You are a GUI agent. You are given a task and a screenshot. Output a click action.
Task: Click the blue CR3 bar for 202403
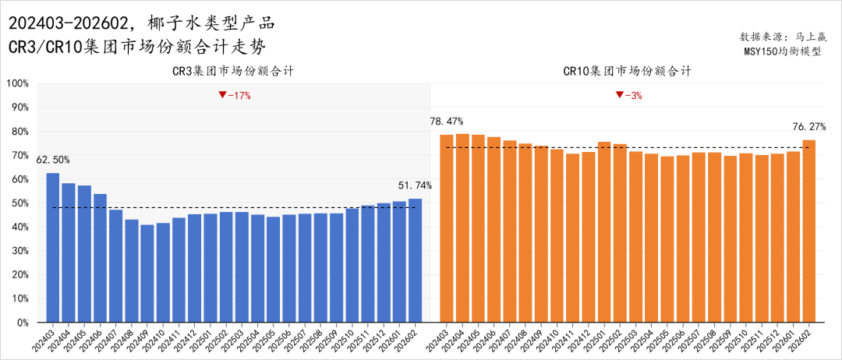click(x=53, y=248)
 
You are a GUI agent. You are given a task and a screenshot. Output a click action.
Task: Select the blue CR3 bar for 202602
click(x=415, y=260)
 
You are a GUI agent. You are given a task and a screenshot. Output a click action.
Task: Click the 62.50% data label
click(x=53, y=160)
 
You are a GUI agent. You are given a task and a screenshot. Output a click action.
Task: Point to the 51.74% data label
click(x=415, y=185)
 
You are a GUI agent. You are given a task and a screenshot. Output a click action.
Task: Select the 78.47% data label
click(x=446, y=122)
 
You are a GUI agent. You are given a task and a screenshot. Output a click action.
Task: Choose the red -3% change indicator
click(x=628, y=95)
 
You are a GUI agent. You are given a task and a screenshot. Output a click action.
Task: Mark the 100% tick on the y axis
click(x=17, y=83)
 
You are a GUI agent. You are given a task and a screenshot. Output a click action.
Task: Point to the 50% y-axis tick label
click(x=19, y=203)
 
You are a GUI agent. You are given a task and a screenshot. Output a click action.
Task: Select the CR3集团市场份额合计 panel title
click(x=233, y=71)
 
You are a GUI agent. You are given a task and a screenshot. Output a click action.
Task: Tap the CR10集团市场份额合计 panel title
click(x=628, y=71)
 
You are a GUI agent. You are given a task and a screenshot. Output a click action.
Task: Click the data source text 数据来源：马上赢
click(x=788, y=37)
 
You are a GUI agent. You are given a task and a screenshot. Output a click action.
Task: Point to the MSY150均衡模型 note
click(x=788, y=52)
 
